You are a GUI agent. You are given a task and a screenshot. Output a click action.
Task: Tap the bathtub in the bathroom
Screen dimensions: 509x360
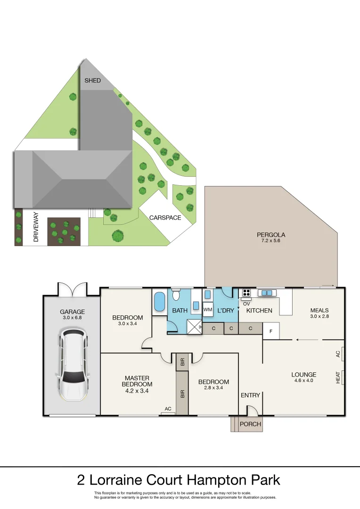click(159, 302)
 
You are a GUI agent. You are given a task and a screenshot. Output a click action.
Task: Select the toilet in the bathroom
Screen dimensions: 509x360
click(176, 295)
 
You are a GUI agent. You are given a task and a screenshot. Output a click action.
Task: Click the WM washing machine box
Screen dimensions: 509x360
click(208, 310)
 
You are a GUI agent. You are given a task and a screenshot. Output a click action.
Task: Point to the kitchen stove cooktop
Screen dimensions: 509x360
click(246, 293)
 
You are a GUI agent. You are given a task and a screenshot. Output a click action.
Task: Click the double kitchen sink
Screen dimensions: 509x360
click(267, 293)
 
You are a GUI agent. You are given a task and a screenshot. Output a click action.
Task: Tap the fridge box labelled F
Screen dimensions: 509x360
click(270, 331)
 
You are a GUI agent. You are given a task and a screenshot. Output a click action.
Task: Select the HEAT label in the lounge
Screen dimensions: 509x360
click(338, 377)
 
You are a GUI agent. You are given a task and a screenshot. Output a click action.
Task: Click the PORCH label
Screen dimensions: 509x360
click(250, 424)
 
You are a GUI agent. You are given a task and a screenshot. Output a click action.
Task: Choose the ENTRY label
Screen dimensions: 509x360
click(250, 395)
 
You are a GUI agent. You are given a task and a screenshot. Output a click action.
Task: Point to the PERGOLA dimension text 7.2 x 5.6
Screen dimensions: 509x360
click(271, 241)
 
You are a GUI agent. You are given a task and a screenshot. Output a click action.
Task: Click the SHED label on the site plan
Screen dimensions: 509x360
click(92, 81)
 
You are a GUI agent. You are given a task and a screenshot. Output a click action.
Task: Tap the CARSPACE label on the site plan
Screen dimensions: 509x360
click(165, 218)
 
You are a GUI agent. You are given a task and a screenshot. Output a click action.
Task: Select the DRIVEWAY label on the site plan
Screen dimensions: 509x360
click(36, 227)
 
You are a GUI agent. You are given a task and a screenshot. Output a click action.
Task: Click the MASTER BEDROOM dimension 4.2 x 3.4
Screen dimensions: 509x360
click(137, 390)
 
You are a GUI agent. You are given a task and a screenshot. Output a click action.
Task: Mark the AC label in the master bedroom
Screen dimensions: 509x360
click(167, 409)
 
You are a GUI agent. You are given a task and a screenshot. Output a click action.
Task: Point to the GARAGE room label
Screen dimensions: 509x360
click(72, 312)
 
